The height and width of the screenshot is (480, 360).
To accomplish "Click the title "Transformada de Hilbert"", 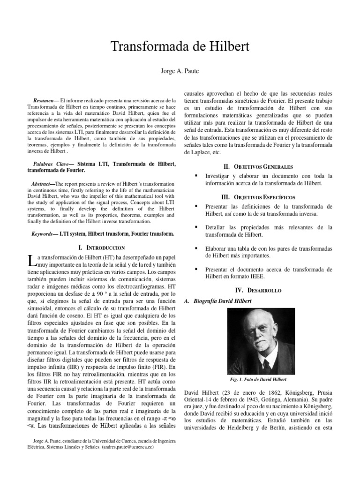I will [180, 47].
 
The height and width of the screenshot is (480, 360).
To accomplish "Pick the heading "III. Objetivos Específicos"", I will [259, 197].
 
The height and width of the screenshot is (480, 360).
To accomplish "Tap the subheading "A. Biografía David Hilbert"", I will [218, 301].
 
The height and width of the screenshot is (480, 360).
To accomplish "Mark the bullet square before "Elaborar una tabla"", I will [195, 247].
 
